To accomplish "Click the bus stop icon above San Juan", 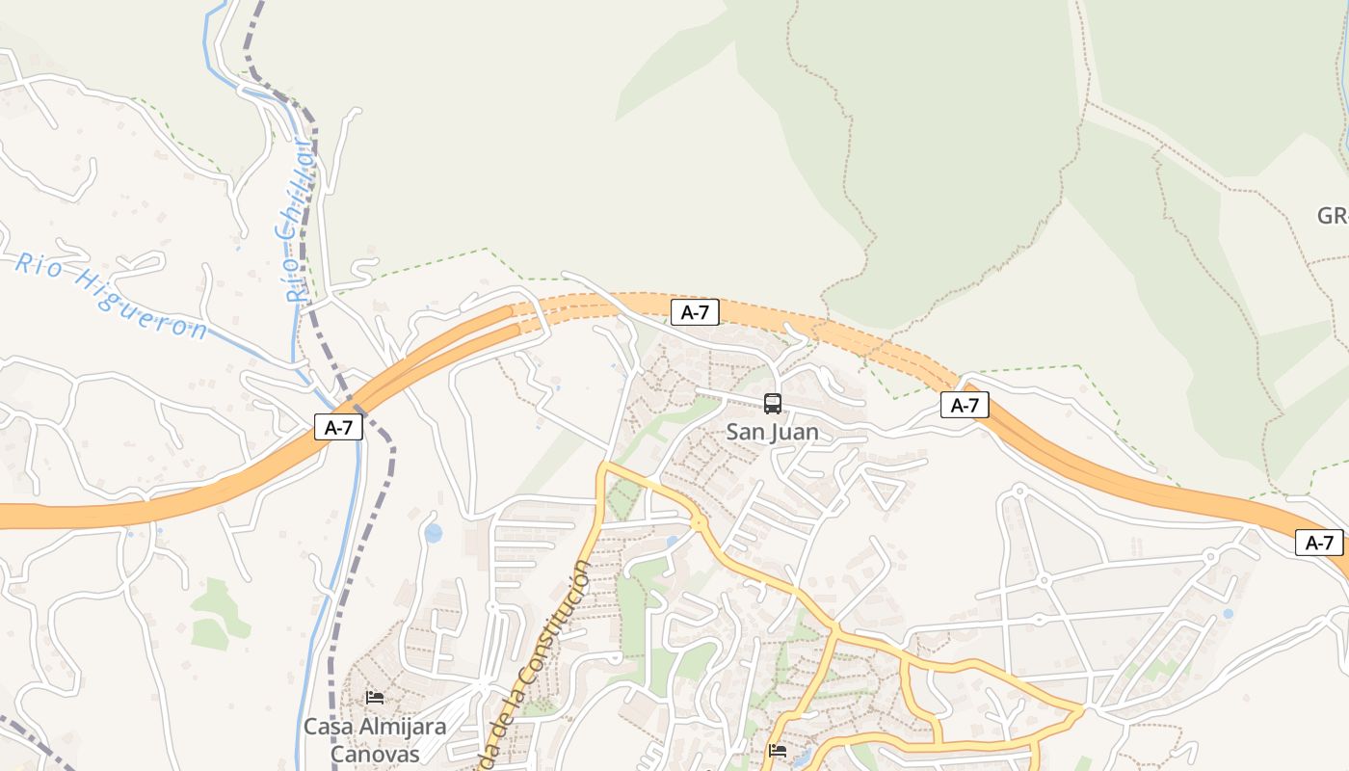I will point(772,404).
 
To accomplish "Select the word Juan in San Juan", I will point(793,432).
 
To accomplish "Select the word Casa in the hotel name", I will point(328,727).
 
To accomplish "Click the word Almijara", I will point(402,727).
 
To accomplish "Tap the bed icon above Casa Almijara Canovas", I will point(375,697).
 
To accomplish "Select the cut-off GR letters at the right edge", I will point(1333,216).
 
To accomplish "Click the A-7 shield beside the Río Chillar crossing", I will point(338,428).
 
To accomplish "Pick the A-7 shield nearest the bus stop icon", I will point(694,311).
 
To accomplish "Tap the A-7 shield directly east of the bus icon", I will point(965,405).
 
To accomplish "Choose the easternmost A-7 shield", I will point(1318,543).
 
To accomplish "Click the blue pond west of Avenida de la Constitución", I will point(434,532).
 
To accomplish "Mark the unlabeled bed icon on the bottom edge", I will point(778,750).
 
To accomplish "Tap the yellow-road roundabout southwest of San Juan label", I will point(700,523).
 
